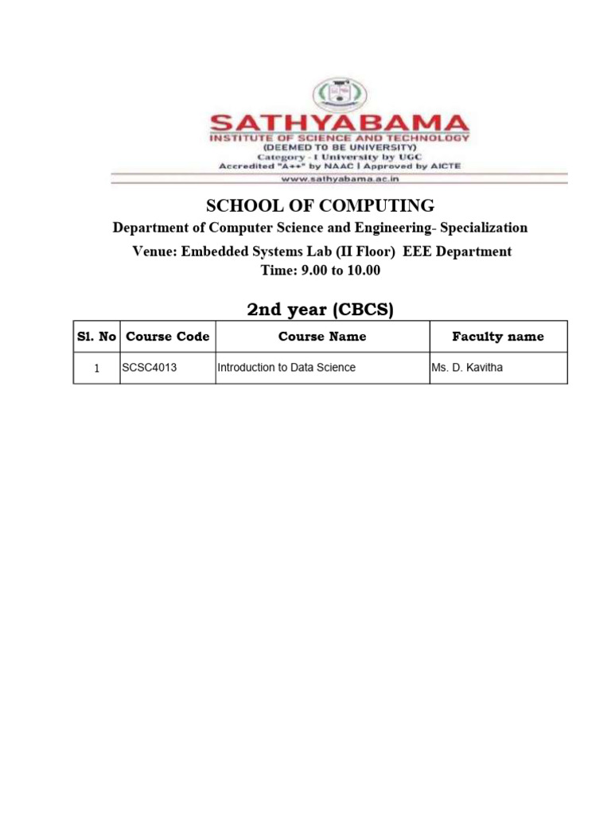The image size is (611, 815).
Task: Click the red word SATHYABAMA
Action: point(339,124)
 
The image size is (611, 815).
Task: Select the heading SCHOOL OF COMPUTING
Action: point(321,205)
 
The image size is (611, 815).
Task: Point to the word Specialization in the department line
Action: point(484,228)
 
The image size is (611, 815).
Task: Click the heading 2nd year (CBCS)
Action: point(321,310)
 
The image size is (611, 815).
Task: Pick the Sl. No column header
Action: point(97,337)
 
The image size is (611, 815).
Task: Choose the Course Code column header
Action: point(168,337)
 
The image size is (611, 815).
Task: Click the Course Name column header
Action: point(322,337)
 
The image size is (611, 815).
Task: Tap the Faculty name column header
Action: point(498,337)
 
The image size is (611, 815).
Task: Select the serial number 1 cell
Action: point(97,369)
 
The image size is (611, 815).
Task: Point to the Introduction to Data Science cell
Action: point(286,368)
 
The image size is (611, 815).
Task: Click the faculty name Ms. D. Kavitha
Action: point(468,368)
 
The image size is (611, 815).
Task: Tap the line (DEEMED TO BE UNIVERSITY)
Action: point(339,147)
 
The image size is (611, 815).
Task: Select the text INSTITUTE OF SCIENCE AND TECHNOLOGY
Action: point(339,138)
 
